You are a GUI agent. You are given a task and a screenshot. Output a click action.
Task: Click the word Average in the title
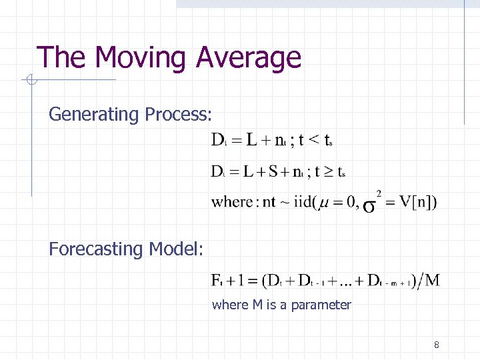[249, 58]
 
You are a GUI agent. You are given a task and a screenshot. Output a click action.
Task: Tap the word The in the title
[59, 58]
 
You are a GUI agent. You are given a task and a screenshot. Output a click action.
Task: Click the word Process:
[177, 115]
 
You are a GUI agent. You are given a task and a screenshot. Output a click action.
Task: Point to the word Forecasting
[97, 249]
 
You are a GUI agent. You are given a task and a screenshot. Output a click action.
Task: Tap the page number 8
[436, 345]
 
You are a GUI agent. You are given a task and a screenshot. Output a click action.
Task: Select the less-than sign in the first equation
[311, 140]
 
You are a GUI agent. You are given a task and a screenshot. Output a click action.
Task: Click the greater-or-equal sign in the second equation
[323, 172]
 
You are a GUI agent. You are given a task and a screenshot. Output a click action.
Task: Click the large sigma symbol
[368, 205]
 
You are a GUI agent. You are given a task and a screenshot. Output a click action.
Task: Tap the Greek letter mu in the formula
[325, 203]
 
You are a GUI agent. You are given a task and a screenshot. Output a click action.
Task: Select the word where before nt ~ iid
[233, 202]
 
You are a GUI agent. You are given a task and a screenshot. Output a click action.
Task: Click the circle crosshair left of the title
[29, 81]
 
